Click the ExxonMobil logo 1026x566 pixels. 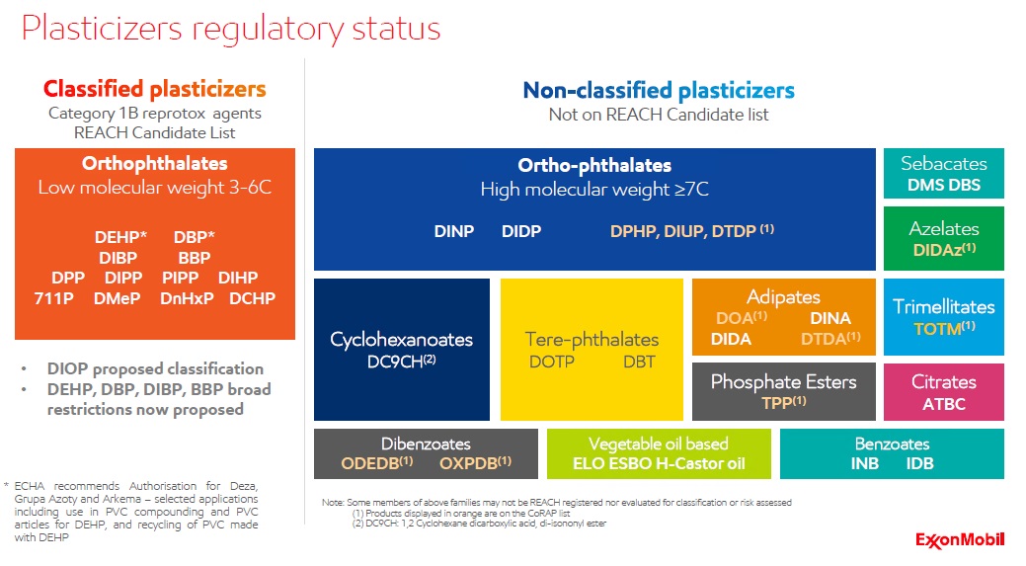960,539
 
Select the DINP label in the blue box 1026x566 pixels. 454,231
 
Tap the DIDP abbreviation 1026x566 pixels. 521,231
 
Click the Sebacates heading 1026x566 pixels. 943,164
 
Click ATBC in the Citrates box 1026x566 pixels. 943,404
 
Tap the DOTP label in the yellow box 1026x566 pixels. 552,363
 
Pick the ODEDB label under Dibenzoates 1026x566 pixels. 376,462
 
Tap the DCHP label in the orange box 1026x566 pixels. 252,297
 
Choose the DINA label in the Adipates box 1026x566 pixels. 830,318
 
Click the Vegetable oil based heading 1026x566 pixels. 658,444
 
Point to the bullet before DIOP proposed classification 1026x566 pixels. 25,368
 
